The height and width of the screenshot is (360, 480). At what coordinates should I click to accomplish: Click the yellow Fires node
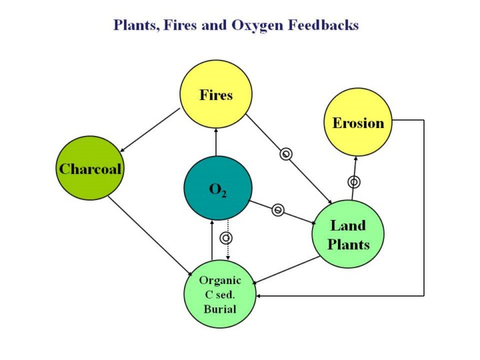point(216,95)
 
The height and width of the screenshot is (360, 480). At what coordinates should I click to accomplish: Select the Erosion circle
point(358,123)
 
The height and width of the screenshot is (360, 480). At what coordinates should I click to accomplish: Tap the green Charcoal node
point(90,168)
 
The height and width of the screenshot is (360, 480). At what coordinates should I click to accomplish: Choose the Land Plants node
point(348,235)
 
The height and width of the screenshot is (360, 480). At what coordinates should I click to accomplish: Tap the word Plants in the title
point(135,25)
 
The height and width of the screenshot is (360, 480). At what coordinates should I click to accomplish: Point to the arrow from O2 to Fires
point(216,141)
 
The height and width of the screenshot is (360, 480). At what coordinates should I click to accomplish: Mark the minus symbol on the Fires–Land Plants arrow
point(286,155)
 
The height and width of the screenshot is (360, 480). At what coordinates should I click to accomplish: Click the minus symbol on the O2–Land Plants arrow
point(279,211)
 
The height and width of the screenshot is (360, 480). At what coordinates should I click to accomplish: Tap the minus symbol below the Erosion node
point(354,181)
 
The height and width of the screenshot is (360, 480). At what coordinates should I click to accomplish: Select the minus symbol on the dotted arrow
point(227,237)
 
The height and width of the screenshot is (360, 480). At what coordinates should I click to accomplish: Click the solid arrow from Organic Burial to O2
point(212,240)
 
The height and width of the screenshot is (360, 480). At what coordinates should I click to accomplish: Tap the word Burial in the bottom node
point(219,309)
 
